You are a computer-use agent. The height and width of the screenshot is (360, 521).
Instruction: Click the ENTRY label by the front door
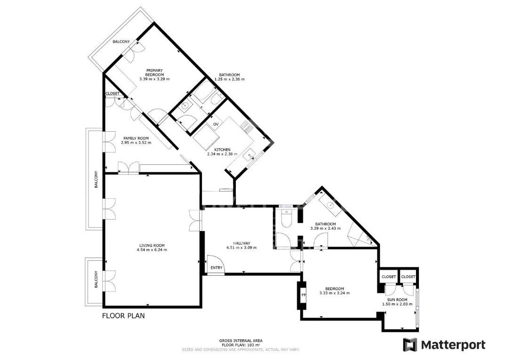216,268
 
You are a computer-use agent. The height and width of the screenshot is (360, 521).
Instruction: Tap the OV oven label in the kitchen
216,124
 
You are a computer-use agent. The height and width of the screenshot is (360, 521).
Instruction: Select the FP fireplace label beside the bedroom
303,295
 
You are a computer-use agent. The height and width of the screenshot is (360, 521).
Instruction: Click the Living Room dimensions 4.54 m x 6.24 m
152,250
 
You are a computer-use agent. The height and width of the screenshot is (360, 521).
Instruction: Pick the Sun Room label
397,300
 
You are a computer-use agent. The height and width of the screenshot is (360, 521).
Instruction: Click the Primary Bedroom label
154,72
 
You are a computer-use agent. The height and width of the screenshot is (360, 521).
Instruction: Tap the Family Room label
136,138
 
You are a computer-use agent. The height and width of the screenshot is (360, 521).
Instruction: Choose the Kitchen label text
222,150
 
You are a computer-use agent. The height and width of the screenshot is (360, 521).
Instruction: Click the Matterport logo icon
409,345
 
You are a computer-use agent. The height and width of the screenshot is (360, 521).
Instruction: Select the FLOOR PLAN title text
123,315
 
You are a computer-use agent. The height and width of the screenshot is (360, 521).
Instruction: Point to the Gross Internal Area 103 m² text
241,343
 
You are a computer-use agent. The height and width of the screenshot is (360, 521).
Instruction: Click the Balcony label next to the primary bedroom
121,41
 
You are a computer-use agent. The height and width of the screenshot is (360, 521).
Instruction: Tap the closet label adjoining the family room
112,93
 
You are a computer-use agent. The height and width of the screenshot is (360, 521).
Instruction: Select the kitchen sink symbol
248,154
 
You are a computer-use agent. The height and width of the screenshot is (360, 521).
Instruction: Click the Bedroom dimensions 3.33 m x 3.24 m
334,293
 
